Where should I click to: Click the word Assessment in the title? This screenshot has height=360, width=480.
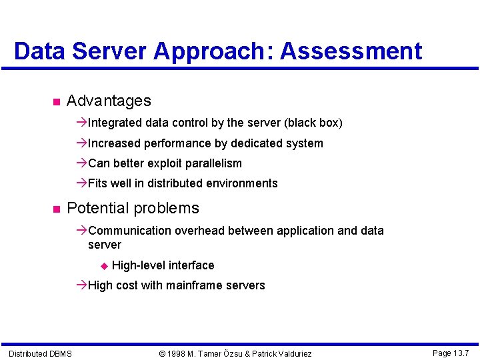(351, 51)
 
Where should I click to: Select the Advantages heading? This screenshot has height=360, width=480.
(109, 101)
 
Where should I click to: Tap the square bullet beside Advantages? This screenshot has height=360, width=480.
(55, 102)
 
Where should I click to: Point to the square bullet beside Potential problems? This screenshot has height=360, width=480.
(55, 209)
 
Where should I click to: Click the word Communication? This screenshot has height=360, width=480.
(129, 231)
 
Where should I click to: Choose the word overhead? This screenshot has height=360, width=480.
(201, 231)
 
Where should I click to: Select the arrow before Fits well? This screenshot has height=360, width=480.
(81, 183)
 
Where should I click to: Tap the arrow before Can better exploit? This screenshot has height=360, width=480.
(81, 163)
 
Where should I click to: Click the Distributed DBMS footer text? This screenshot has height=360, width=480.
(40, 353)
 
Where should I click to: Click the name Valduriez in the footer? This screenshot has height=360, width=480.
(291, 353)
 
